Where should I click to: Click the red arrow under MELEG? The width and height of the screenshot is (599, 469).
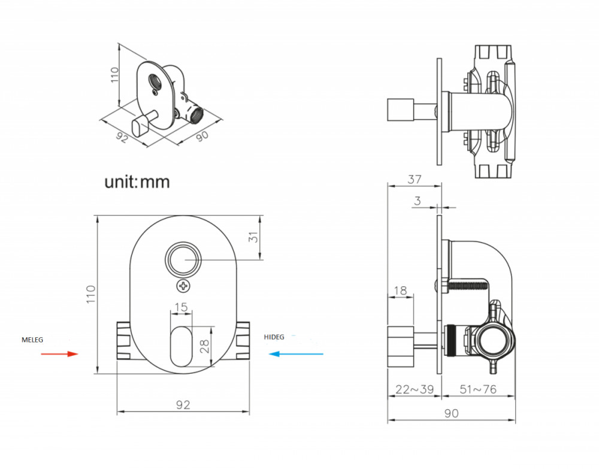[59, 354]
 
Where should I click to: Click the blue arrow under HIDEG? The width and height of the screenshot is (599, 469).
[296, 354]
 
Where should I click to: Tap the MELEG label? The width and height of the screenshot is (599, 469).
[32, 340]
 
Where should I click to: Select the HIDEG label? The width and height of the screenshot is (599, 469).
[274, 337]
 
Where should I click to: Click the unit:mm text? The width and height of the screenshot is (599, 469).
[137, 182]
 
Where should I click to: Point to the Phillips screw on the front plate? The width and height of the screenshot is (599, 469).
[184, 286]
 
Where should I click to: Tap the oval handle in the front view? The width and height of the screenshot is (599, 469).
[181, 346]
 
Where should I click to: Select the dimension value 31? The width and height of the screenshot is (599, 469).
[253, 237]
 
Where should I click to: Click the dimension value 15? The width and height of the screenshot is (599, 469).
[181, 307]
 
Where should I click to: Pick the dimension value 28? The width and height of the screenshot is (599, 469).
[205, 346]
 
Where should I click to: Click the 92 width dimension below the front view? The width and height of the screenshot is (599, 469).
[183, 404]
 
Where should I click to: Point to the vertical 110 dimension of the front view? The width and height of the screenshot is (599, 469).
[91, 295]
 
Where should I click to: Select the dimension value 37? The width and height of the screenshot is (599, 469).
[414, 179]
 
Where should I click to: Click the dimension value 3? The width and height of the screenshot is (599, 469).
[417, 201]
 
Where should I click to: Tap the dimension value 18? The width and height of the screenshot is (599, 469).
[400, 291]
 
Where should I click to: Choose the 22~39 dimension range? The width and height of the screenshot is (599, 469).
[415, 389]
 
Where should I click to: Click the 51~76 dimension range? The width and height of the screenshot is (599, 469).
[478, 389]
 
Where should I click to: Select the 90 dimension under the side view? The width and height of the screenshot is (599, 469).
[451, 413]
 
